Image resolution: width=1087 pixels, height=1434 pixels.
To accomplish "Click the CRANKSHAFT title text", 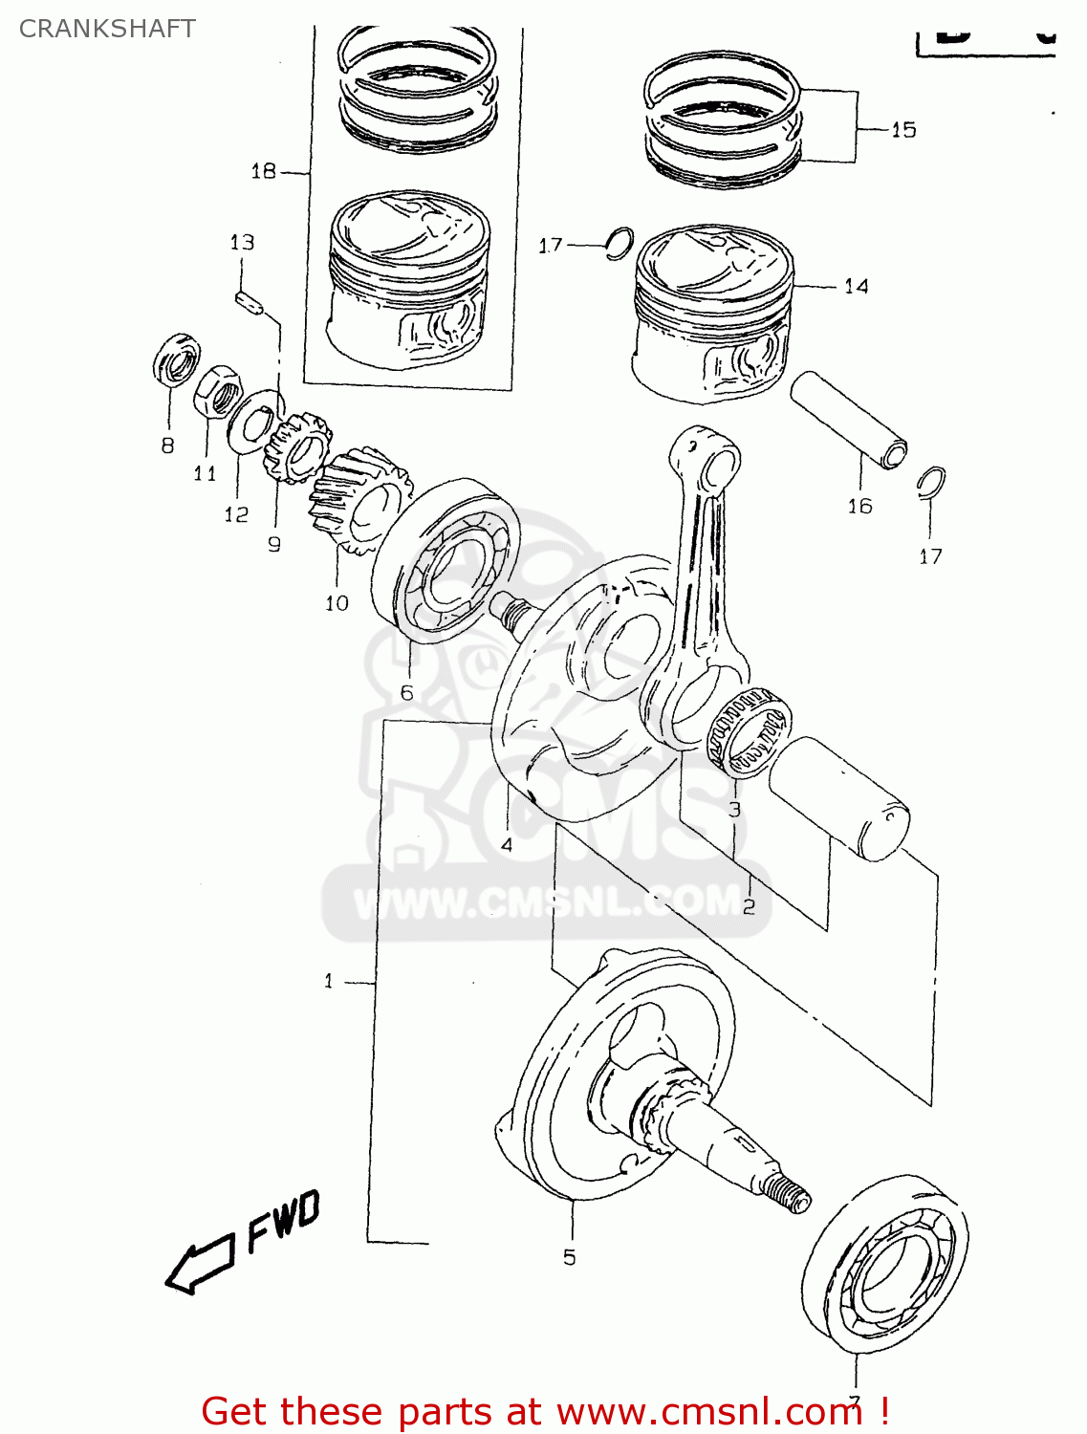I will [107, 29].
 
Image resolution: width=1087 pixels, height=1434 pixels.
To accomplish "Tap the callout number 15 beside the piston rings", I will [902, 129].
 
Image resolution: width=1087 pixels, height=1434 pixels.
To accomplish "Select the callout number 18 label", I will [263, 171].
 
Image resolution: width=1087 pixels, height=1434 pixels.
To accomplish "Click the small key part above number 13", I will [249, 301].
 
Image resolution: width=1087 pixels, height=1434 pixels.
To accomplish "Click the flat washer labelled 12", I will [252, 424].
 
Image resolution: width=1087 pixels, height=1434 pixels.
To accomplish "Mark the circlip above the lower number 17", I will [930, 484].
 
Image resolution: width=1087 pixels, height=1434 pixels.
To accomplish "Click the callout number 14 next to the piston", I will [856, 286].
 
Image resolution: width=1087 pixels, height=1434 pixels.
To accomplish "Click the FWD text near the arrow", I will [283, 1221].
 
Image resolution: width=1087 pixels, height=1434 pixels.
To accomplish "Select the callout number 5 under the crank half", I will [570, 1257].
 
